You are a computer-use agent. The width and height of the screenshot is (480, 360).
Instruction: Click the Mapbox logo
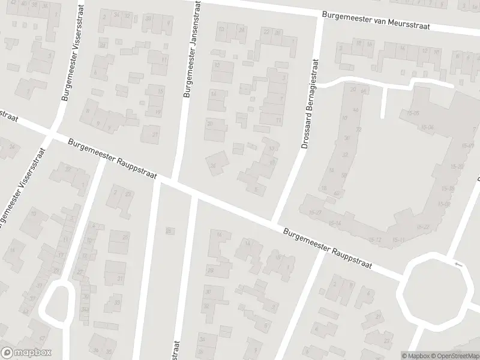coord(26,353)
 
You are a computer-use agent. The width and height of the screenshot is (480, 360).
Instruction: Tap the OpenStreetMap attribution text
coord(455,356)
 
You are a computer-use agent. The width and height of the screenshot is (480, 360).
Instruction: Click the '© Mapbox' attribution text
coord(415,356)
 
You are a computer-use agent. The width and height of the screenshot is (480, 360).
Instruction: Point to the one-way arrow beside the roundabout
coord(460,264)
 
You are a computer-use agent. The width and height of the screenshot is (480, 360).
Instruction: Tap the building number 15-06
coord(427,127)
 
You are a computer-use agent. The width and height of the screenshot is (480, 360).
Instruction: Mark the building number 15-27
coord(314,212)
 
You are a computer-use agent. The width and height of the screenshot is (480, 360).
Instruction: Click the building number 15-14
coord(334,223)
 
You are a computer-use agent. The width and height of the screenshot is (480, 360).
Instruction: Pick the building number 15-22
coord(425,226)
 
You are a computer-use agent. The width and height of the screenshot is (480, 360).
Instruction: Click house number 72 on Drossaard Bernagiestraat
coord(358,129)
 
